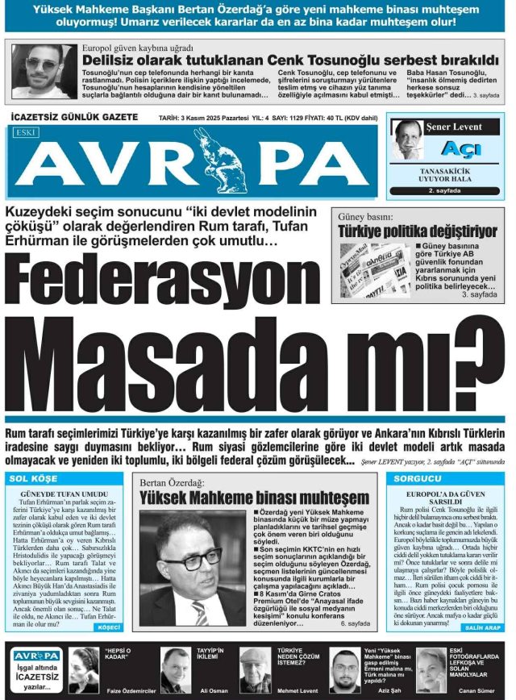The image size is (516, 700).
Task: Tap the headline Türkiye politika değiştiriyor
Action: [418, 232]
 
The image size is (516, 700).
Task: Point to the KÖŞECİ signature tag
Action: [108, 626]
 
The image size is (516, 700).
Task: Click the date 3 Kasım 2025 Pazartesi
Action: [202, 119]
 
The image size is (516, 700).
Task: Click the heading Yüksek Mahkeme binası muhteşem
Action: [254, 498]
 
